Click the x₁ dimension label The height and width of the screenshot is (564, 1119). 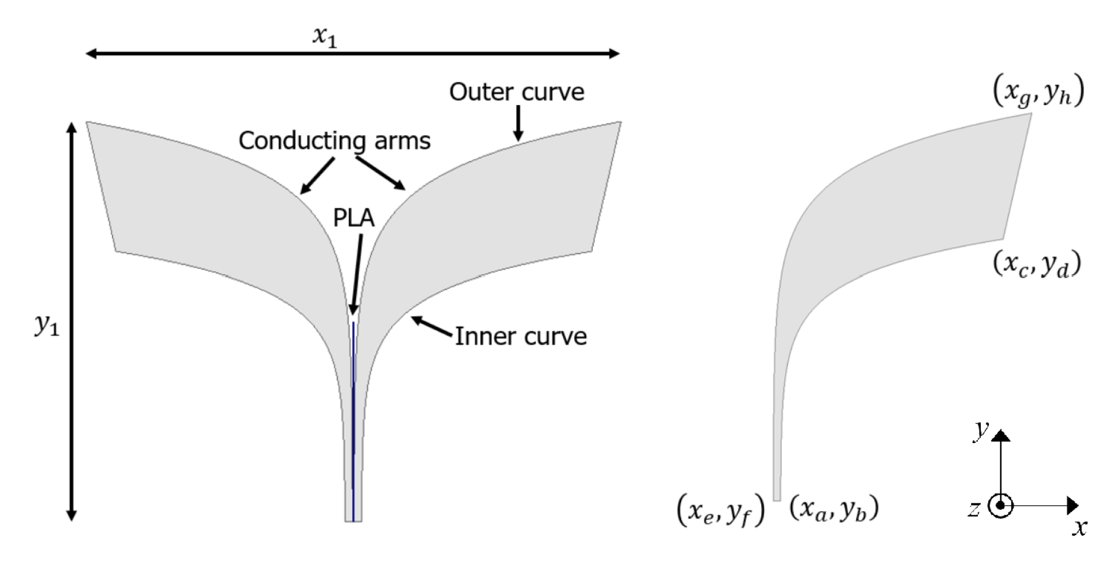pos(325,37)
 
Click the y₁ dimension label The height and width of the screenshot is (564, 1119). pos(47,325)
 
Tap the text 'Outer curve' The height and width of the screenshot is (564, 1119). pos(517,92)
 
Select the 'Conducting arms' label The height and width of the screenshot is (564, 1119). pos(335,141)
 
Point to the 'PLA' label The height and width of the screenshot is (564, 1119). pos(354,218)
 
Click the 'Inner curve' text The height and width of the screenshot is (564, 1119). pos(520,336)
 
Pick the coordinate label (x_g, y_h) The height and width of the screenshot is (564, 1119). pos(1038,93)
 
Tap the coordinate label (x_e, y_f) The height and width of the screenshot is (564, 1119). pos(721,511)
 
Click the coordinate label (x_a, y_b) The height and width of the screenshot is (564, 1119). pos(834,509)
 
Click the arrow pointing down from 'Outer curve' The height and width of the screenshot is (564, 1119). pos(519,123)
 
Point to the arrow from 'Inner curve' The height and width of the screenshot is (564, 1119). pos(433,327)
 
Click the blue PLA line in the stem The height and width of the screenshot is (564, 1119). pos(354,422)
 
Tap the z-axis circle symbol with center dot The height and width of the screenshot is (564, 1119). pos(1001,506)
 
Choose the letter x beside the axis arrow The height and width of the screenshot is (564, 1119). pos(1079,528)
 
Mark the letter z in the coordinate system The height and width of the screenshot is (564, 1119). pos(974,509)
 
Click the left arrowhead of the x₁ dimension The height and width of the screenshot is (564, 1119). pos(92,54)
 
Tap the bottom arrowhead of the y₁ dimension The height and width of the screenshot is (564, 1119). pos(72,514)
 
